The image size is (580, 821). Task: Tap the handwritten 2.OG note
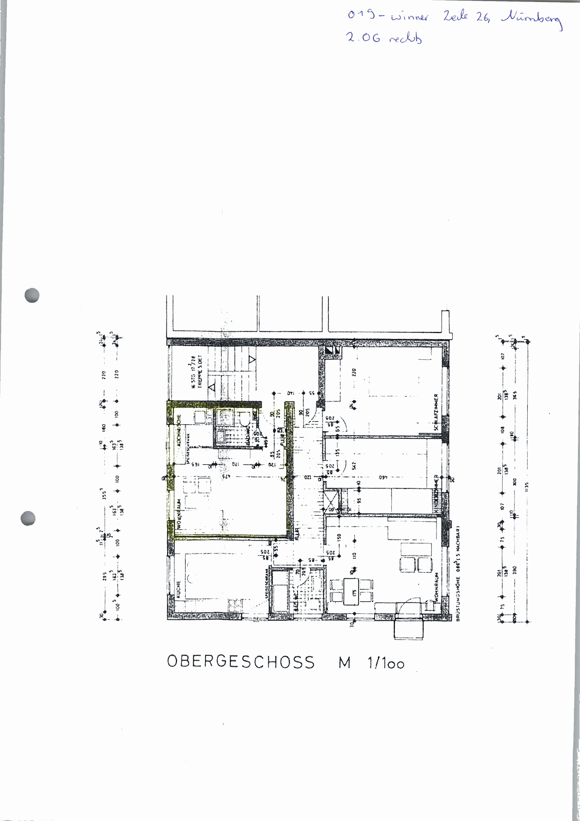[x=384, y=38]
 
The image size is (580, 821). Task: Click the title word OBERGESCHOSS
[x=241, y=662]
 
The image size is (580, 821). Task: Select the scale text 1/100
[x=386, y=663]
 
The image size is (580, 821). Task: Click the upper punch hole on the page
[x=32, y=295]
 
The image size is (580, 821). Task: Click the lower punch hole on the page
[x=28, y=518]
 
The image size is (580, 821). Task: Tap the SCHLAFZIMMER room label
[x=436, y=412]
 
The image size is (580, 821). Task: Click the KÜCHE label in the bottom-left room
[x=178, y=590]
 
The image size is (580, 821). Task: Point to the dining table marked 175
[x=352, y=592]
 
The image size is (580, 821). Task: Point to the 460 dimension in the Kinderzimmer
[x=383, y=478]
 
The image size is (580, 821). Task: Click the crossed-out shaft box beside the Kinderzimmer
[x=331, y=501]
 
